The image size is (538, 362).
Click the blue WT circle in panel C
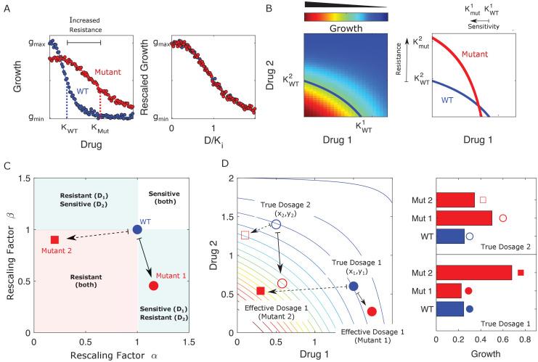pos(137,229)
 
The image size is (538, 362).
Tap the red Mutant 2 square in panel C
pos(54,239)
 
